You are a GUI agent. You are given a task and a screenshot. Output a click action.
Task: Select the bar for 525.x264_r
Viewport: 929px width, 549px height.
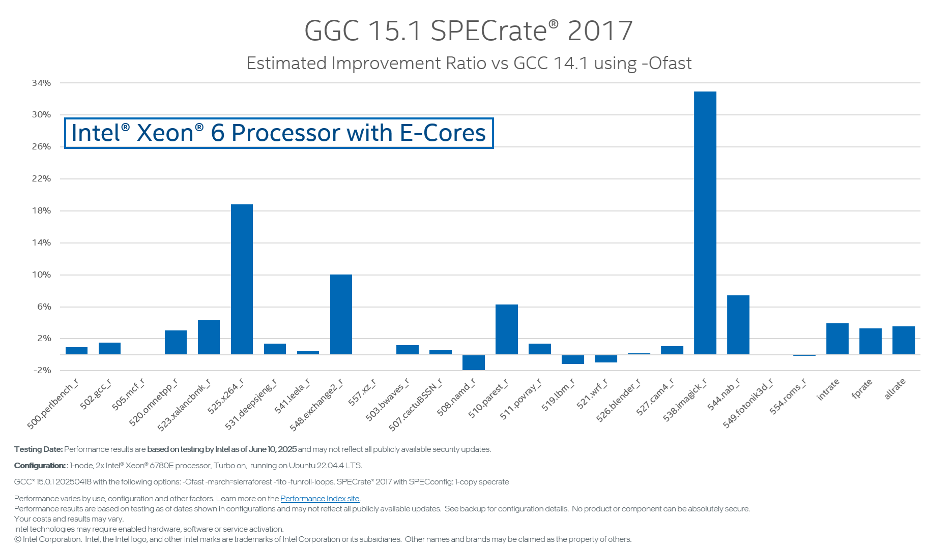242,279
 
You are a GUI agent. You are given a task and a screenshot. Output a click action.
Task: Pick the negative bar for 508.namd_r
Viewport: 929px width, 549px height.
473,362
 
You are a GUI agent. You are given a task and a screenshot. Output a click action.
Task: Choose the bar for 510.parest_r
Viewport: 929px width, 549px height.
506,329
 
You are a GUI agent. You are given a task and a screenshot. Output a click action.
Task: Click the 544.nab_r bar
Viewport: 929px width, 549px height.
738,325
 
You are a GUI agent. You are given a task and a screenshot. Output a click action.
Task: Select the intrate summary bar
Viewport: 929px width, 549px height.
837,339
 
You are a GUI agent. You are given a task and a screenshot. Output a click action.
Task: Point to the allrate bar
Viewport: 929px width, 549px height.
903,340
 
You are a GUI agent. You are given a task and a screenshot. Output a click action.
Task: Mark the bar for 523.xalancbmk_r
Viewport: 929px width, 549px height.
209,337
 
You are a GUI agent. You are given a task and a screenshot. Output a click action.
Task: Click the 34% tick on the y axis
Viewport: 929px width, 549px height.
41,83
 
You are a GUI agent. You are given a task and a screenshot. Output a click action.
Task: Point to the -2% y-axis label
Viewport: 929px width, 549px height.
42,370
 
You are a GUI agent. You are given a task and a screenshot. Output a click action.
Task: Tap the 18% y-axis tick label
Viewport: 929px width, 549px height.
41,210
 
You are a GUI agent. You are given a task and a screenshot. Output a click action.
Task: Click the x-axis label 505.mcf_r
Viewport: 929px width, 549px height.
128,394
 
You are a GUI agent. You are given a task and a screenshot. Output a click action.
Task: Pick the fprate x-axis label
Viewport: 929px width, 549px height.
862,389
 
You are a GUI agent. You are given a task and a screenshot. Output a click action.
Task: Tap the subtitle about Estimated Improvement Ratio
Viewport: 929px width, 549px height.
468,64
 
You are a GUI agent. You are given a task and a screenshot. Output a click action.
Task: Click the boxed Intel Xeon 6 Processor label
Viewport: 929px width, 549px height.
279,133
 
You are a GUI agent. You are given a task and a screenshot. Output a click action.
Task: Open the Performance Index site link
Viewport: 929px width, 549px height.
320,499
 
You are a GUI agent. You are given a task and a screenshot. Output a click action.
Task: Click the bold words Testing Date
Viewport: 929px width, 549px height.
38,449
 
